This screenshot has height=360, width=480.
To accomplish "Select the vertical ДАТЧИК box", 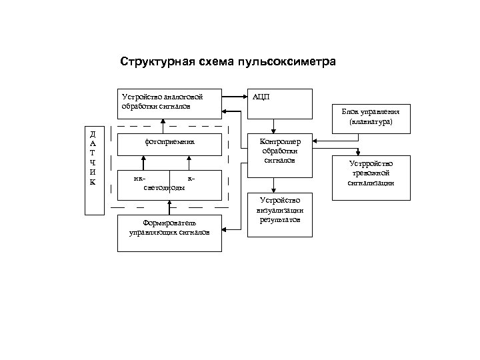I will pyautogui.click(x=93, y=169).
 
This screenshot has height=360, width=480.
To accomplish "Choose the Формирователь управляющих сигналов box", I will pyautogui.click(x=169, y=232).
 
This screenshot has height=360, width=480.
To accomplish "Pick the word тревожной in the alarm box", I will pyautogui.click(x=371, y=173).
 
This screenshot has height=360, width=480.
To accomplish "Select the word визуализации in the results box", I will pyautogui.click(x=281, y=209).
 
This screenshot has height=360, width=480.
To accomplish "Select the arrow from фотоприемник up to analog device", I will pyautogui.click(x=163, y=125).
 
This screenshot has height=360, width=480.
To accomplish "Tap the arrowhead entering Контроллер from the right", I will pyautogui.click(x=316, y=141).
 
